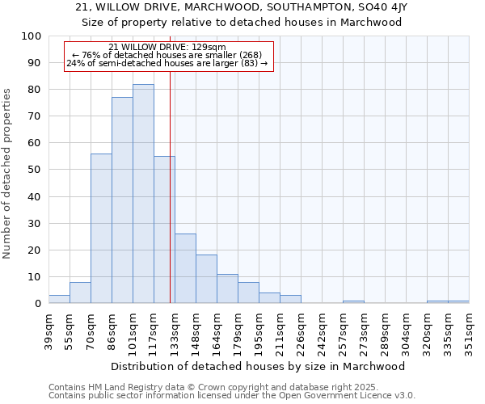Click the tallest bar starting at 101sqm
coord(143,194)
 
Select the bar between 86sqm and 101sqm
coord(122,200)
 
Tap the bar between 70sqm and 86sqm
coord(101,229)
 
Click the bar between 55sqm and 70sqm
coord(80,292)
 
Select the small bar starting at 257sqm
coord(353,301)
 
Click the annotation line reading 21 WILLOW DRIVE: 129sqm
coord(167,47)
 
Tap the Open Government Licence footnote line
coord(232,396)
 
